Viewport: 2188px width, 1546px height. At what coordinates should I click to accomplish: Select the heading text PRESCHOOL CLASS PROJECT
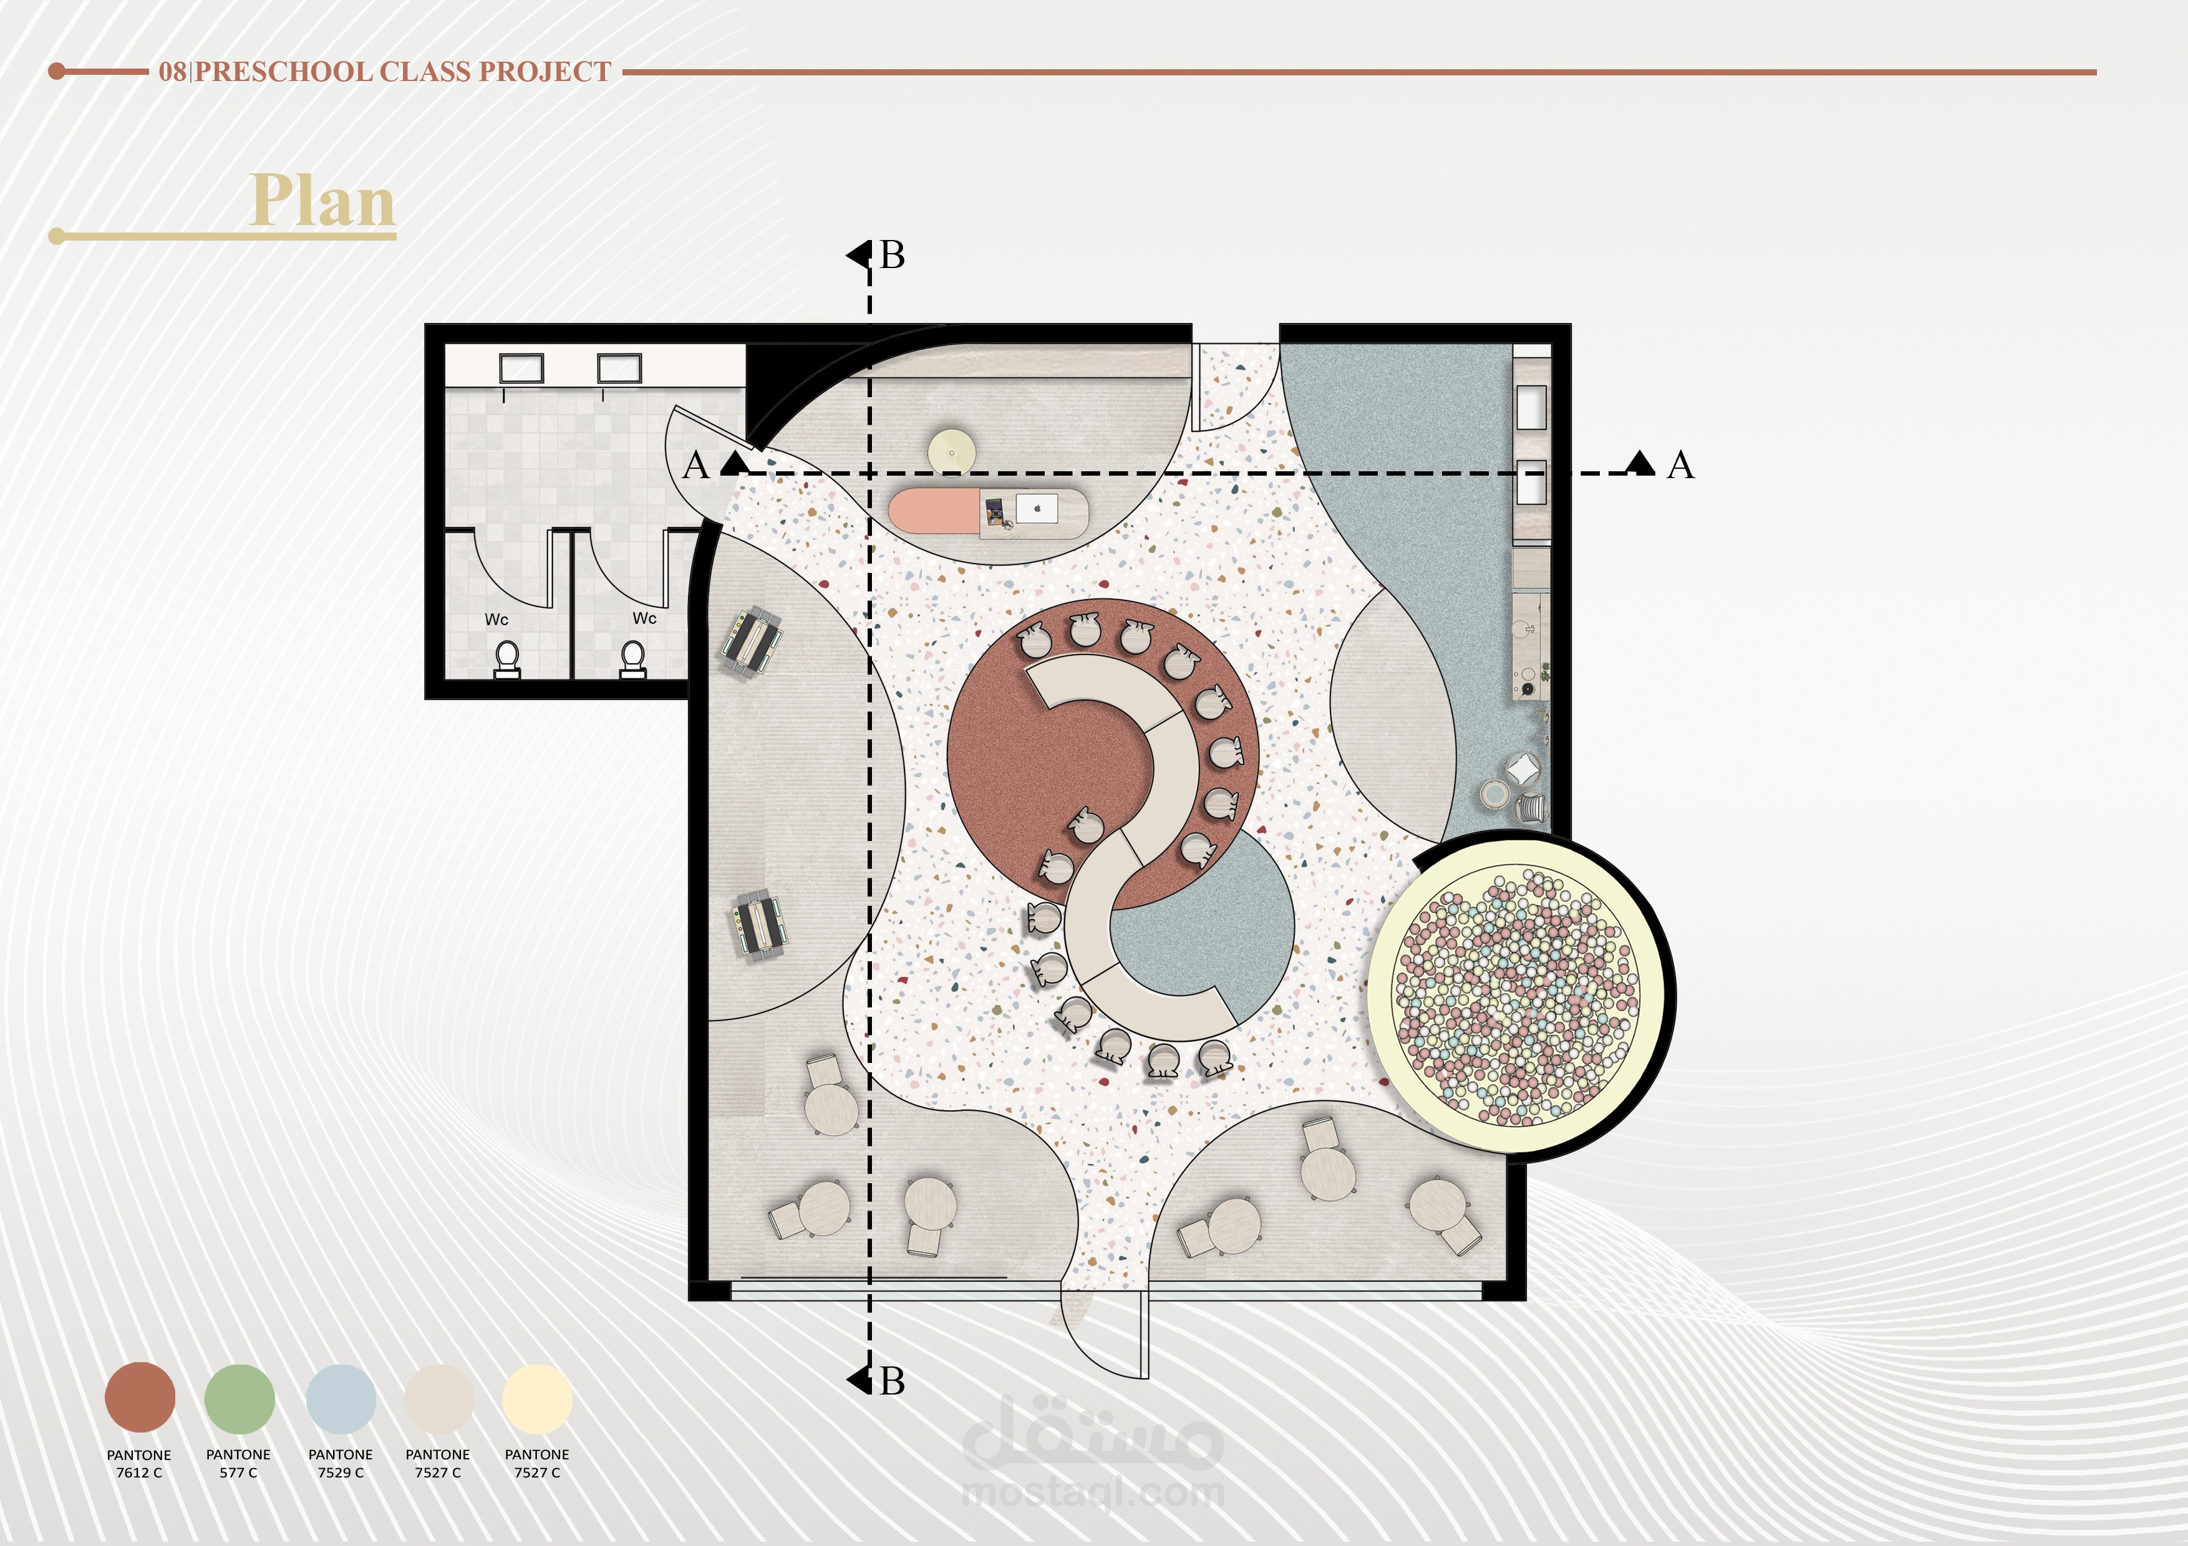tap(403, 72)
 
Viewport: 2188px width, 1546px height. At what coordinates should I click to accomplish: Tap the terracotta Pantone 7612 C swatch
tap(140, 1398)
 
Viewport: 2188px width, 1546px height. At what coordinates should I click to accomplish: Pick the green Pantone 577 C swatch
tap(239, 1398)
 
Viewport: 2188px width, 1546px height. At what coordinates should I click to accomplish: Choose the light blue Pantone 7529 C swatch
tap(340, 1398)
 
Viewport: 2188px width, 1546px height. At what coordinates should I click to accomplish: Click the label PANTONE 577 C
tap(238, 1463)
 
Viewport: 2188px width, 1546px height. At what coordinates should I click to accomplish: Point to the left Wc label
tap(496, 619)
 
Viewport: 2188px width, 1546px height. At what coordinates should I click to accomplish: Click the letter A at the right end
tap(1681, 466)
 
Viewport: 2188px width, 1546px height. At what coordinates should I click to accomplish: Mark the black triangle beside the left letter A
tap(733, 463)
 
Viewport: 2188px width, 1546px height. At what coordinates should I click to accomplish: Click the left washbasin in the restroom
tap(522, 368)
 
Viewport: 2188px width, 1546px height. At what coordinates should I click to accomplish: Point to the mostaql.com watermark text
tap(1093, 1492)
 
